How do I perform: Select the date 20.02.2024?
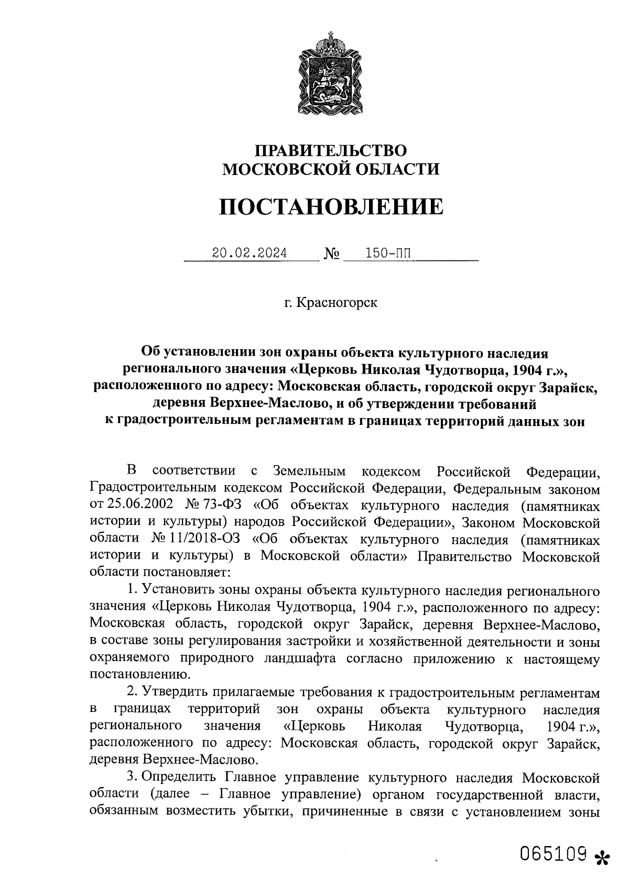[250, 254]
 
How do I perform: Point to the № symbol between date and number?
[332, 255]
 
